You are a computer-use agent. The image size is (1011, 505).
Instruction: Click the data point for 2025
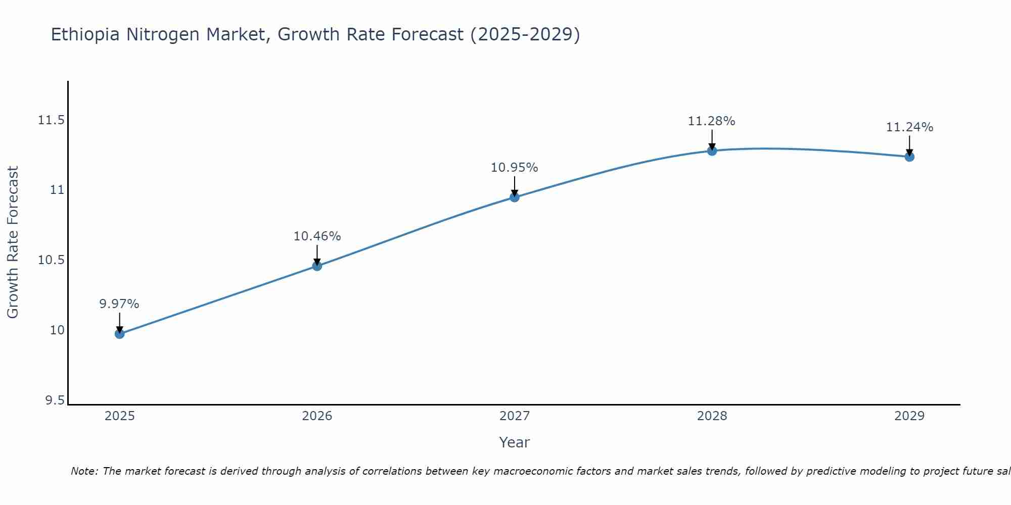(x=119, y=334)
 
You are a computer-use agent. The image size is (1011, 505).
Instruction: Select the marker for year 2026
(x=317, y=266)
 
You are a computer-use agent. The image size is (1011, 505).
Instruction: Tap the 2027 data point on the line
(x=515, y=197)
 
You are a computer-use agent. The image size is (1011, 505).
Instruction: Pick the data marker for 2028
(x=712, y=150)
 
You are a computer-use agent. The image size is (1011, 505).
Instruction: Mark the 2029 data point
(x=909, y=157)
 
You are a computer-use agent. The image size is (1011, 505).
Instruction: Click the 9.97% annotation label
(x=119, y=304)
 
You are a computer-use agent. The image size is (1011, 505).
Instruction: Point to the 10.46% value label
(x=317, y=236)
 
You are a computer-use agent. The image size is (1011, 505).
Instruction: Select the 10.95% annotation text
(x=515, y=168)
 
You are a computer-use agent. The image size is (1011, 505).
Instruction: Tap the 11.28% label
(x=712, y=121)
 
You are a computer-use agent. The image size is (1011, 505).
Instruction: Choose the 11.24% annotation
(x=909, y=127)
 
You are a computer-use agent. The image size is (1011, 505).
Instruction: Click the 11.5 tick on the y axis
(x=51, y=120)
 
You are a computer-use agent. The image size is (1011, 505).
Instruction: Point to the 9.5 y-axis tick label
(x=55, y=400)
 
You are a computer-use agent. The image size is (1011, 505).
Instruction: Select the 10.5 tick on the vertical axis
(x=51, y=260)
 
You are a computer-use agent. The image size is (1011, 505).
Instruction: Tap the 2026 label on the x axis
(x=317, y=416)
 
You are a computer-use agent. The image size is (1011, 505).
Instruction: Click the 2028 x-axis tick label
(x=712, y=416)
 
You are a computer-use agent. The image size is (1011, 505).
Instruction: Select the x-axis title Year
(x=515, y=442)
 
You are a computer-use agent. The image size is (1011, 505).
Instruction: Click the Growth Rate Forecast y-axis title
(x=13, y=242)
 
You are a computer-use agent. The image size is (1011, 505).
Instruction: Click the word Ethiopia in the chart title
(x=85, y=35)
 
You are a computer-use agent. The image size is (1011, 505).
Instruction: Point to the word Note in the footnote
(x=84, y=471)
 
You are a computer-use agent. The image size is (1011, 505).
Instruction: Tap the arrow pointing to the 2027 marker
(x=515, y=186)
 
